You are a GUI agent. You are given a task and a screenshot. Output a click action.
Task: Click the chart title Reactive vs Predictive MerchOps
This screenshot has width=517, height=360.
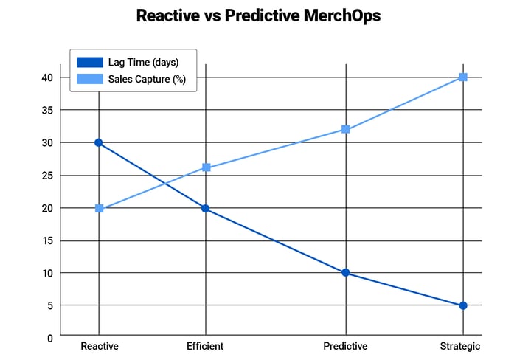[258, 15]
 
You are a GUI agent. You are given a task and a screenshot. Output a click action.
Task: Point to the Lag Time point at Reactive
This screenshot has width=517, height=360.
[98, 142]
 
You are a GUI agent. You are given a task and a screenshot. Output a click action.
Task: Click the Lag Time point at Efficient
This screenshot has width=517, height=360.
[206, 209]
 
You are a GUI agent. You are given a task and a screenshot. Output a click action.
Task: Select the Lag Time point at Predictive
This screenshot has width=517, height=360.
[346, 273]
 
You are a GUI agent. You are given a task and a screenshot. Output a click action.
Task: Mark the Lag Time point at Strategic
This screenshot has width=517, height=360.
[463, 305]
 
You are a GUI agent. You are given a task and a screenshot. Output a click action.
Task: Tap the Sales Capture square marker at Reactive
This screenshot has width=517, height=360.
[99, 209]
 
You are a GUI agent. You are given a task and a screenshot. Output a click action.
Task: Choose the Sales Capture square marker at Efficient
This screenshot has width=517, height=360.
[207, 167]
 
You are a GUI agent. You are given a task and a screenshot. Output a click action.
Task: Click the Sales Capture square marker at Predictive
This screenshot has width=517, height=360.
[346, 129]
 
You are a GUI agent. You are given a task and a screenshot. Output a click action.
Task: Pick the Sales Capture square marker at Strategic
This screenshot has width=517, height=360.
[463, 77]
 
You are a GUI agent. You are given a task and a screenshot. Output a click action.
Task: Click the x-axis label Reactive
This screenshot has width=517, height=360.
[99, 346]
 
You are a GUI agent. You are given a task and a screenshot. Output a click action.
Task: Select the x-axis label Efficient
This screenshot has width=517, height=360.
[205, 346]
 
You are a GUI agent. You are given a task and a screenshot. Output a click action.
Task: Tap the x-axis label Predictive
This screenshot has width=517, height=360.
[345, 346]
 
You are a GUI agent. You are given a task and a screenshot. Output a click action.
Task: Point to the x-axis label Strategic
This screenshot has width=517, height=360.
[459, 346]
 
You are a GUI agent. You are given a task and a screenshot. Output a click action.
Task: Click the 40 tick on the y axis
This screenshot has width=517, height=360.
[46, 77]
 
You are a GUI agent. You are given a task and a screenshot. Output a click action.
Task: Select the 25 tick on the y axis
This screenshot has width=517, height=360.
[46, 176]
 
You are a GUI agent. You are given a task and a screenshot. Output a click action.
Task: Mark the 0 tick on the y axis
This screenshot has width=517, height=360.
[49, 338]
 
